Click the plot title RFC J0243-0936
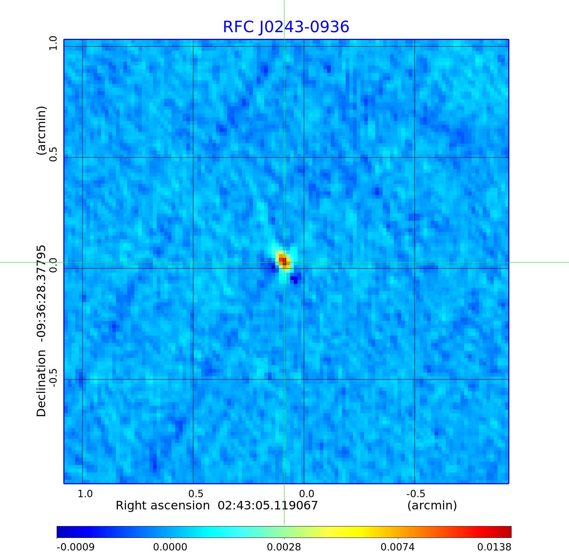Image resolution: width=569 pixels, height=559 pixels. [286, 27]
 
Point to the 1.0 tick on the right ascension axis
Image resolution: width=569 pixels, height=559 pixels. [85, 494]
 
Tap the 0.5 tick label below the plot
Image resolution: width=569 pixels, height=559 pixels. [196, 494]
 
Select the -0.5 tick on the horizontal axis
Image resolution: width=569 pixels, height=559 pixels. [416, 494]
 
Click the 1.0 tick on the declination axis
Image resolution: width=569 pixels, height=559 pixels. [53, 43]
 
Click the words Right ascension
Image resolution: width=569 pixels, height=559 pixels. [163, 505]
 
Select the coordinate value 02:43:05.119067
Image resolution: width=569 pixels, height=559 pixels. [267, 505]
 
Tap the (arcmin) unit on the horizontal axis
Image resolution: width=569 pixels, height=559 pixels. [432, 505]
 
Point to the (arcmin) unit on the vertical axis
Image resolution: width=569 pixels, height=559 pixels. [41, 130]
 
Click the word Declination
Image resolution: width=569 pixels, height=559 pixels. [41, 383]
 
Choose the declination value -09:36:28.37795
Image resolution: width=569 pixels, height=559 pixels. [41, 293]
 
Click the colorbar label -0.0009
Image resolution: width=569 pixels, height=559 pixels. [76, 547]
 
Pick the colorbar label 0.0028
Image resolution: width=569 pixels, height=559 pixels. [284, 547]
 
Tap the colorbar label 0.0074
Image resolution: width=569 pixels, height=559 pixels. [398, 547]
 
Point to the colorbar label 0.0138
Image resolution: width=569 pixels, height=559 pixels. [494, 547]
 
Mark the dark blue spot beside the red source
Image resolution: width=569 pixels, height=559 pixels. [295, 280]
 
